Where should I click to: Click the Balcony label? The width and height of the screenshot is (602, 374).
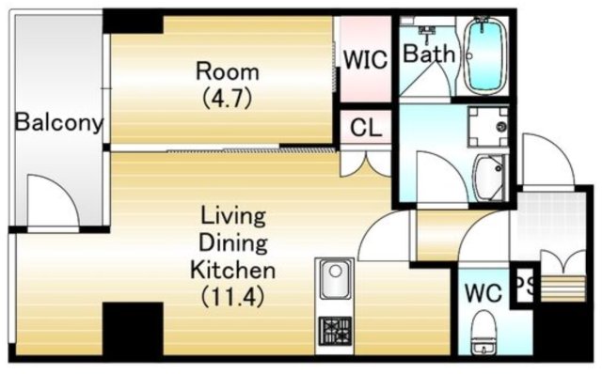pyautogui.click(x=58, y=122)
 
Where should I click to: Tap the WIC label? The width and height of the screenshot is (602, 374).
pyautogui.click(x=365, y=59)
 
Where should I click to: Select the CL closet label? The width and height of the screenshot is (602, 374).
pyautogui.click(x=366, y=128)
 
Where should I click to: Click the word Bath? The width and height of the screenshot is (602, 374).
pyautogui.click(x=429, y=54)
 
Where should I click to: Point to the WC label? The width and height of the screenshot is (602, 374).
pyautogui.click(x=483, y=293)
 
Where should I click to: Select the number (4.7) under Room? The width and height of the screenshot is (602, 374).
pyautogui.click(x=228, y=99)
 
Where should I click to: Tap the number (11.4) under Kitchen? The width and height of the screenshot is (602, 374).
pyautogui.click(x=233, y=296)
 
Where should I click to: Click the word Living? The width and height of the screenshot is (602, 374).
pyautogui.click(x=233, y=217)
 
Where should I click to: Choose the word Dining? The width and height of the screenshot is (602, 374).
pyautogui.click(x=233, y=244)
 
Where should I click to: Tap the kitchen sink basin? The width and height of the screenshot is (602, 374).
pyautogui.click(x=336, y=279)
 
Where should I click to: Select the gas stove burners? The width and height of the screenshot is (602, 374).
pyautogui.click(x=335, y=330)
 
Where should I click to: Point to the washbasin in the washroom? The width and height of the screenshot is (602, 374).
pyautogui.click(x=489, y=178)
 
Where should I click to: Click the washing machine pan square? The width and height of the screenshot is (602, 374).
pyautogui.click(x=488, y=127)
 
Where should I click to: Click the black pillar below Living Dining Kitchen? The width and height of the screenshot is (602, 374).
pyautogui.click(x=134, y=329)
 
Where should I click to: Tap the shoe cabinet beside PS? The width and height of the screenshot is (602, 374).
pyautogui.click(x=562, y=288)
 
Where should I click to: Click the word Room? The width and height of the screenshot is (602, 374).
pyautogui.click(x=228, y=71)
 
